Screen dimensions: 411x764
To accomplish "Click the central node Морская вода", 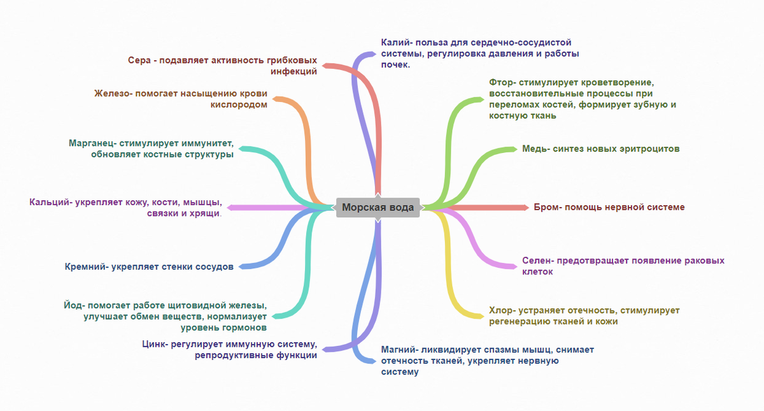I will click(x=378, y=207).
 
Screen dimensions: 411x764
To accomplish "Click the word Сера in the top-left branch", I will click(x=139, y=60).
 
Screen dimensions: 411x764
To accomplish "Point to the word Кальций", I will click(x=50, y=202).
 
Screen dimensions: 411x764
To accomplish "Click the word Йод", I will click(x=72, y=305).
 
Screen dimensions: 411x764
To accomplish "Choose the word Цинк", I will click(x=153, y=345).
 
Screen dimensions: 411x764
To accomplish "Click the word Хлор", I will click(x=502, y=310).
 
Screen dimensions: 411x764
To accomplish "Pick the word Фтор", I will click(x=503, y=82).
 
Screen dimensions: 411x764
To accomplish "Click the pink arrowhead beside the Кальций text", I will click(x=230, y=207).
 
